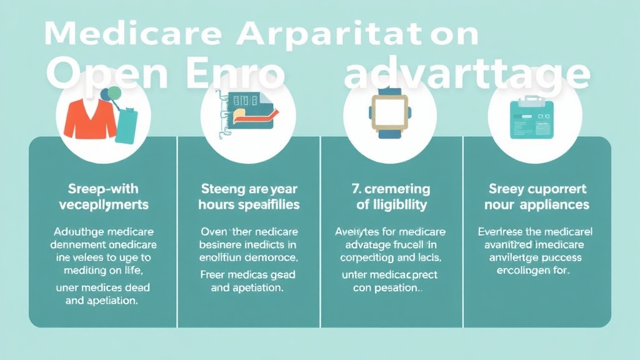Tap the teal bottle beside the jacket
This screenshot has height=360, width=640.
coord(126,126)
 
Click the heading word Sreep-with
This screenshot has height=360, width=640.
coord(96,188)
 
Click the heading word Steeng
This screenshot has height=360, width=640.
coord(222,188)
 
